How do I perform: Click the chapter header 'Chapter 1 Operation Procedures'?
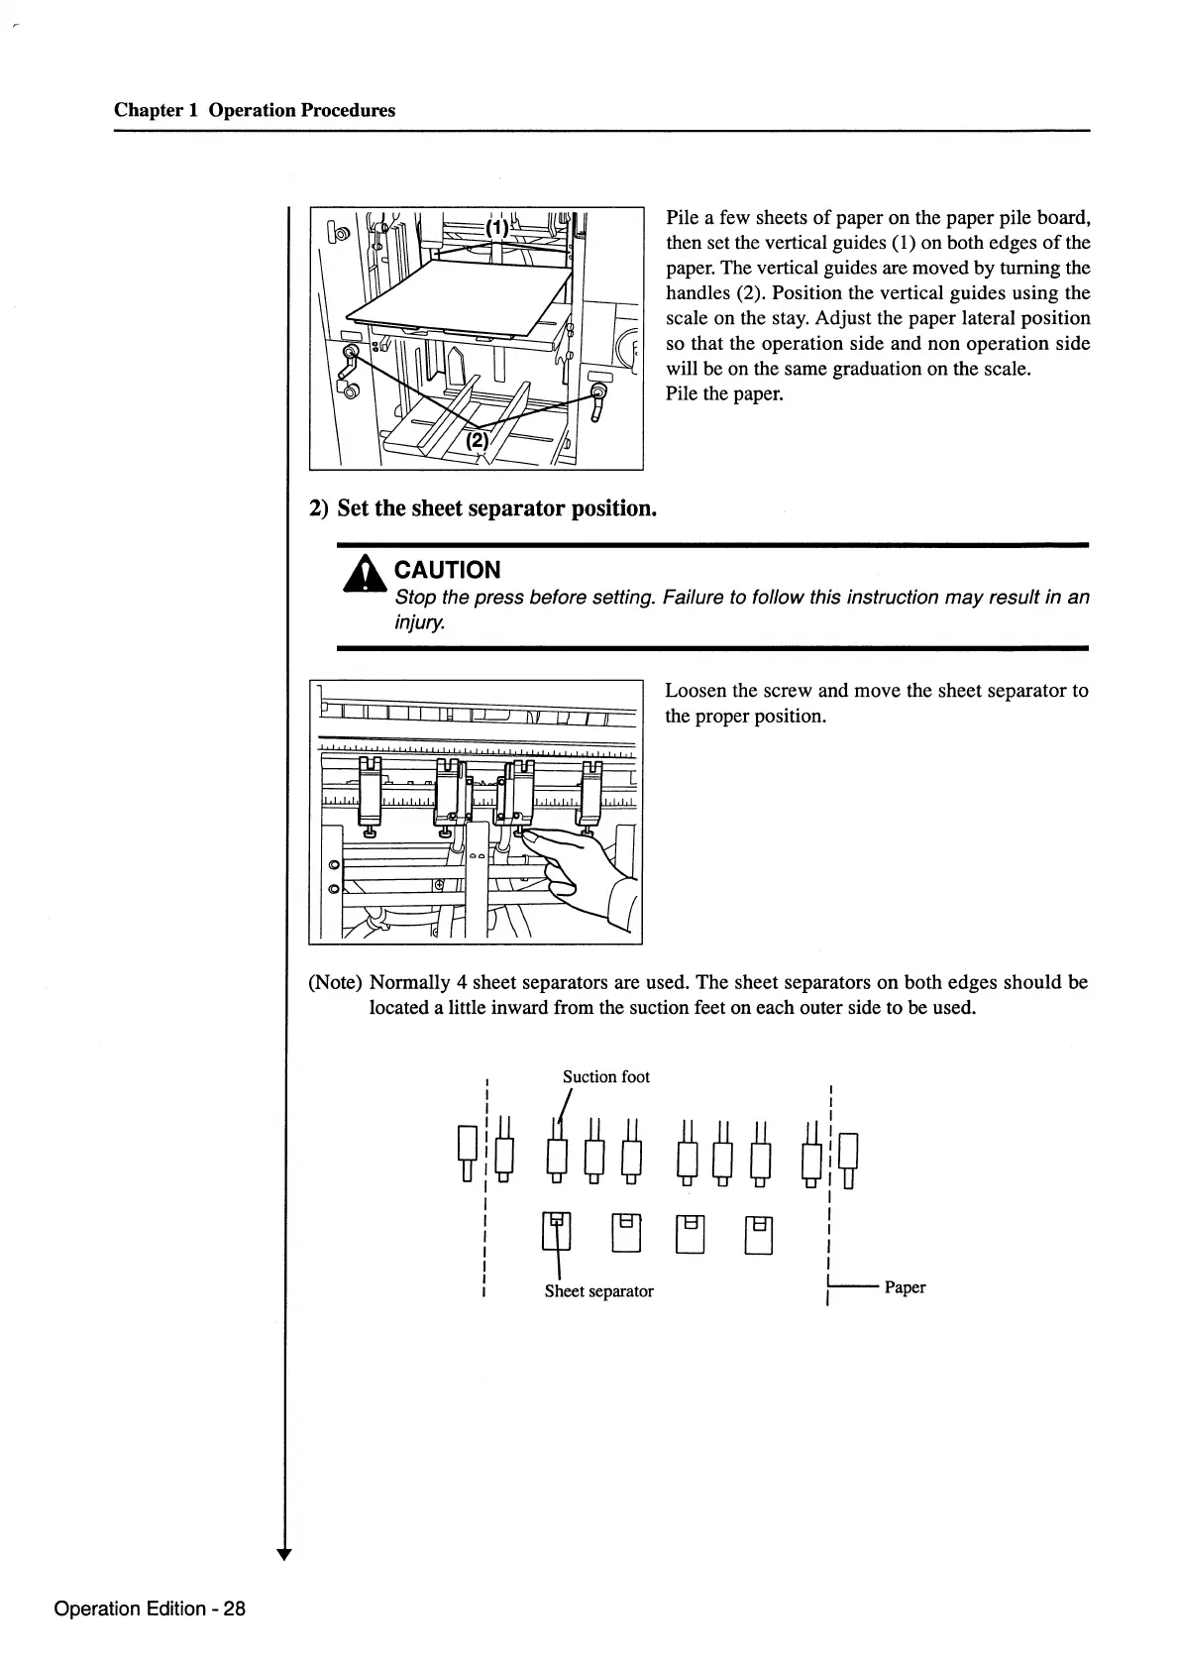[255, 110]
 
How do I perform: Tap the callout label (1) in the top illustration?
[496, 226]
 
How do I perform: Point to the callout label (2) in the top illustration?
[477, 440]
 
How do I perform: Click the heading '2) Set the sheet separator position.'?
[482, 508]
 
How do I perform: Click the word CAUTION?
[447, 570]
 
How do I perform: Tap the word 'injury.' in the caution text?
[420, 624]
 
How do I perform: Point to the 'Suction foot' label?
[605, 1076]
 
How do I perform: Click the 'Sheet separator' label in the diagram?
[598, 1290]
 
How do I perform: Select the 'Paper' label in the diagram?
[905, 1287]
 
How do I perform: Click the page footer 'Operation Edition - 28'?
[150, 1608]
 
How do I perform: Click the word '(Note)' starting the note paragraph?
[336, 982]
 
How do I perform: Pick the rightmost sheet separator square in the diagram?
[759, 1233]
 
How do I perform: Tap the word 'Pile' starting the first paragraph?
[684, 218]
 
